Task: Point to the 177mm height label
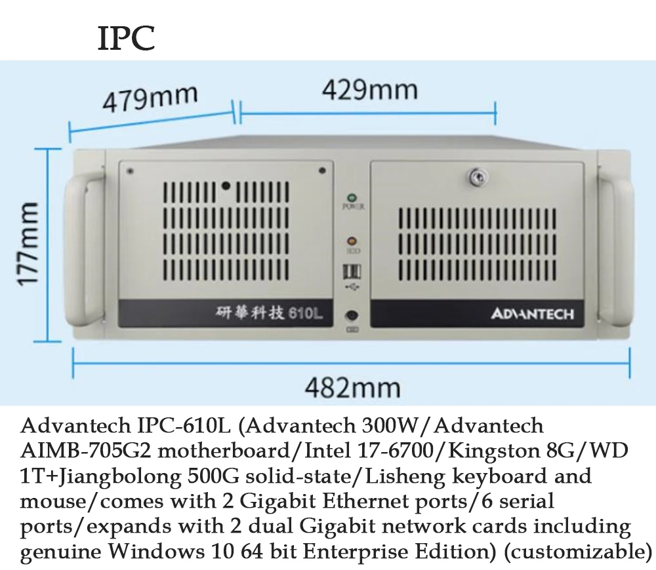pyautogui.click(x=30, y=243)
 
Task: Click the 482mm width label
pyautogui.click(x=352, y=387)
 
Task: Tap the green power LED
pyautogui.click(x=352, y=197)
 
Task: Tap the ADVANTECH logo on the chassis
pyautogui.click(x=532, y=314)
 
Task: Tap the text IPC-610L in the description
pyautogui.click(x=176, y=426)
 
